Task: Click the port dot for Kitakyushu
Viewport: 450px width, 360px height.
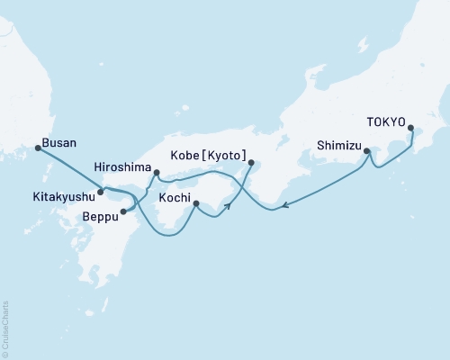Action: point(101,192)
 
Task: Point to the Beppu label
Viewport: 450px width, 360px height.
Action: point(99,217)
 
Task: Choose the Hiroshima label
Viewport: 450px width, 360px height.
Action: point(121,167)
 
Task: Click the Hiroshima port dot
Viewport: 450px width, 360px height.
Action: point(157,173)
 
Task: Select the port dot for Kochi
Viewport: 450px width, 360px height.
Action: point(196,204)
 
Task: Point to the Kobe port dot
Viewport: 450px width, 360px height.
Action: point(251,163)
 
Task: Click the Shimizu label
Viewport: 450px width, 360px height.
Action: point(339,143)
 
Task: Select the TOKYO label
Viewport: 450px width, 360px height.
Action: point(387,126)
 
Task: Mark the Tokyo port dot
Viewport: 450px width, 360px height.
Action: point(411,139)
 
